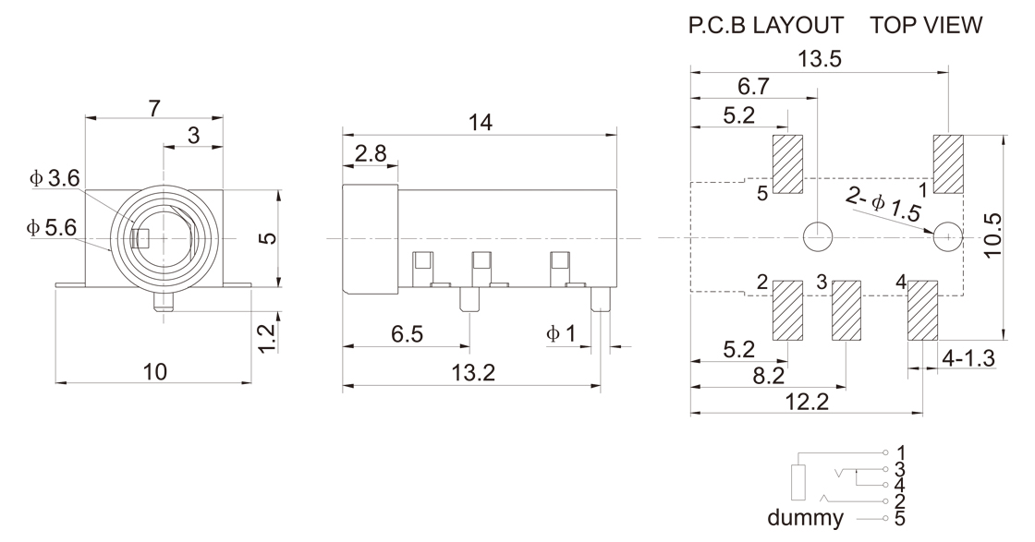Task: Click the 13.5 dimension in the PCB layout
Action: coord(820,59)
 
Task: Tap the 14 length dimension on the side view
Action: coord(481,123)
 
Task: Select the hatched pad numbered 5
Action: coord(787,164)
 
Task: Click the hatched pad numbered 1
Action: coord(948,164)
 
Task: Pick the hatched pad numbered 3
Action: coord(846,310)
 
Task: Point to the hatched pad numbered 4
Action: coord(923,310)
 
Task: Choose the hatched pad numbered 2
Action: coord(787,310)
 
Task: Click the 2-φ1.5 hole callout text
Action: coord(883,204)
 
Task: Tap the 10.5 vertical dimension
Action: coord(992,235)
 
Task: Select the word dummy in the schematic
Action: coord(805,518)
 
